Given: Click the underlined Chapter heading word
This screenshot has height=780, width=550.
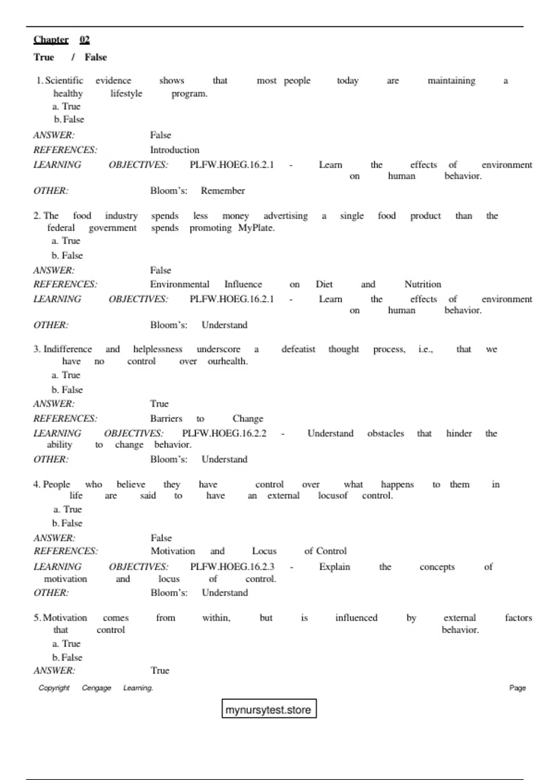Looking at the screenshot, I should [x=51, y=40].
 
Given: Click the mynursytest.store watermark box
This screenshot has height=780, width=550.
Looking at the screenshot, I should [x=269, y=709].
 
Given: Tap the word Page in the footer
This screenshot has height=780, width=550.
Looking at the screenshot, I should [x=517, y=688].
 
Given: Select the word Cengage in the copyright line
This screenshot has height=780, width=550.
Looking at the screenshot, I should [x=96, y=688].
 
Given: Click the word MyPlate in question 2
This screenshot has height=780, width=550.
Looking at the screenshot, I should [x=256, y=228].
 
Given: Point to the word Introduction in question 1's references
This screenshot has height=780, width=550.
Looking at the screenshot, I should [x=175, y=150].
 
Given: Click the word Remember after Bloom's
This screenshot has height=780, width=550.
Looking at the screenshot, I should [x=223, y=191].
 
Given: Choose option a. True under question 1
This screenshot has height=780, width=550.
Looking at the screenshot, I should [x=66, y=106].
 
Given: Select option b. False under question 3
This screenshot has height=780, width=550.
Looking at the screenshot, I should [x=67, y=390].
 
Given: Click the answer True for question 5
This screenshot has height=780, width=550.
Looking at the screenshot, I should [x=160, y=671].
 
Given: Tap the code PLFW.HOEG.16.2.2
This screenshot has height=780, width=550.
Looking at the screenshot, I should [x=224, y=434].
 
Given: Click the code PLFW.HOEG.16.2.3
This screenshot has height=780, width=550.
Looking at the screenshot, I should [x=232, y=567].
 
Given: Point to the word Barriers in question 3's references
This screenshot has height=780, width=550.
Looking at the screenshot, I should [x=166, y=419].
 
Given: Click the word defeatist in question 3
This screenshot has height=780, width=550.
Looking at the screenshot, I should [x=298, y=350].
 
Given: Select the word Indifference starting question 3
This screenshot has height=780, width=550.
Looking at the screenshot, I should [x=67, y=350].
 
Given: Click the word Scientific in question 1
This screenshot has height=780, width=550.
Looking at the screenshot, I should [x=64, y=81].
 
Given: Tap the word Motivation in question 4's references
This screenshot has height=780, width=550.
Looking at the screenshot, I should [x=173, y=551].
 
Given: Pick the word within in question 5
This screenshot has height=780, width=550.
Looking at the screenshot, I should [x=216, y=618].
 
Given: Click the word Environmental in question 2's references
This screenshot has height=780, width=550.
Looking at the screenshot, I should [x=180, y=284].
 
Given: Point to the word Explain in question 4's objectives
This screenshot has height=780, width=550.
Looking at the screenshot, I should [x=335, y=567].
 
